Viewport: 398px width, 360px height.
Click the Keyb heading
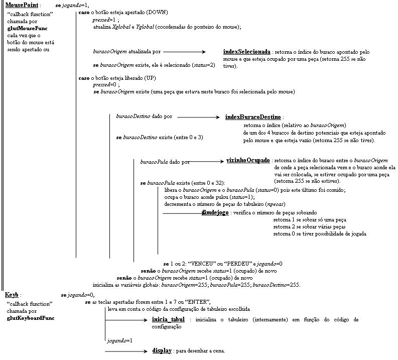pos(12,295)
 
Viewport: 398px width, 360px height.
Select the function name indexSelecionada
pos(246,52)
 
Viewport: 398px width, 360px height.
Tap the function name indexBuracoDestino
pos(253,117)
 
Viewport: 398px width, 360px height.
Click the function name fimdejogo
pos(215,213)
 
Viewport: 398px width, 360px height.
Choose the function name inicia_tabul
pos(168,319)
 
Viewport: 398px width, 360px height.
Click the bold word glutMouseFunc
pos(27,29)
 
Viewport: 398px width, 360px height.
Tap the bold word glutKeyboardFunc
pos(31,318)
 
